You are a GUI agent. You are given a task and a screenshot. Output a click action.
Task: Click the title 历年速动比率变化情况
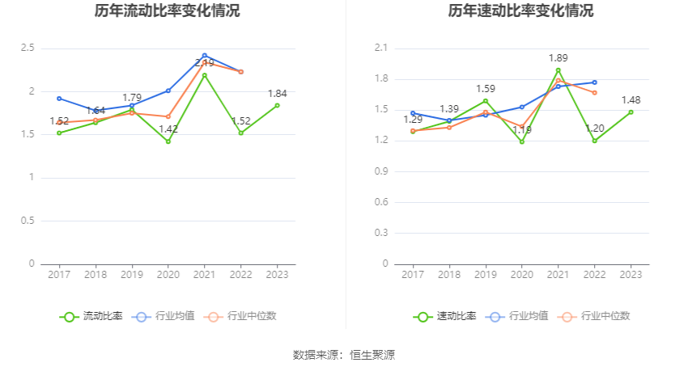coord(520,11)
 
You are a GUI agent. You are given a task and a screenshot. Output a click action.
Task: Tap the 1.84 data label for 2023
coord(277,94)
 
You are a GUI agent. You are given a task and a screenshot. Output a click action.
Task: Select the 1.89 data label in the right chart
coord(558,58)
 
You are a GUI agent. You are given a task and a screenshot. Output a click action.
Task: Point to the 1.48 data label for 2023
coord(631,100)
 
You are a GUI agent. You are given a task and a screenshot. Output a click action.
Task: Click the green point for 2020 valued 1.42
coord(168,141)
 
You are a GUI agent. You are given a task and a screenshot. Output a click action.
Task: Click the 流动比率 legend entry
coord(91,316)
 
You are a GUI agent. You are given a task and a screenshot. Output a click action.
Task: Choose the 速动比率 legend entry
coord(445,316)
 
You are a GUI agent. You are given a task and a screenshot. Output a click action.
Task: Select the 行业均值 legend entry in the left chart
coord(163,316)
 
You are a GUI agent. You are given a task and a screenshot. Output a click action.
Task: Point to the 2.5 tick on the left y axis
coord(27,48)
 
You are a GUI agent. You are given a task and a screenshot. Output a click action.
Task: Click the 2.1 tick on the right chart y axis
coord(380,48)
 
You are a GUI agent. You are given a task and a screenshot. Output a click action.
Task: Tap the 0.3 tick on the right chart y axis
coord(380,233)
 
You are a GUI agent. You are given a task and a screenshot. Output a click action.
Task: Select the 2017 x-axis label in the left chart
coord(59,275)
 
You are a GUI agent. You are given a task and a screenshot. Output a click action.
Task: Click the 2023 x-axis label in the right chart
coord(631,275)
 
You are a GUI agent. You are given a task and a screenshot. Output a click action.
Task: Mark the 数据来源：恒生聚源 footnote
coord(344,355)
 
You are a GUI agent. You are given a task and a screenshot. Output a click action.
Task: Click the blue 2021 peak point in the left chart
coord(205,56)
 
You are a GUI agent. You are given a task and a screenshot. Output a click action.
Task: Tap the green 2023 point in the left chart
coord(277,105)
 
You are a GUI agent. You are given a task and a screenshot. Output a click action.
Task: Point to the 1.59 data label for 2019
coord(485,89)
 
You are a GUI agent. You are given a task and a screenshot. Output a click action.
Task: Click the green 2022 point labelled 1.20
coord(594,141)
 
